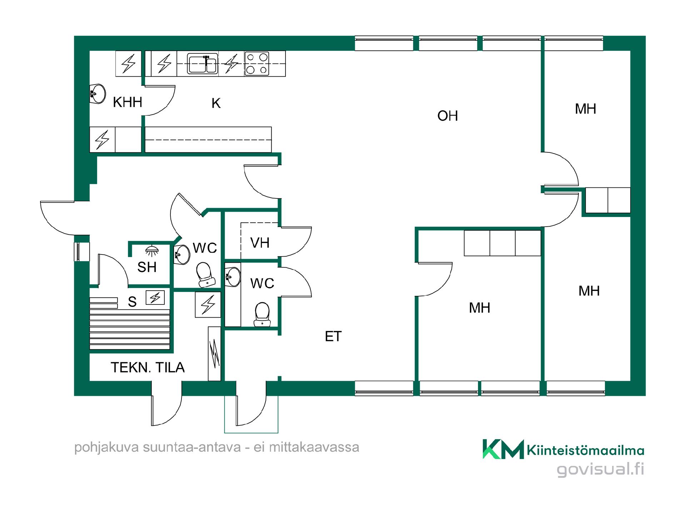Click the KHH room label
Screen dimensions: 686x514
[128, 102]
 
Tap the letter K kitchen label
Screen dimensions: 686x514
[216, 103]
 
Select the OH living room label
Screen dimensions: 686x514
[447, 116]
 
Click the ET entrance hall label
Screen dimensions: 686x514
[333, 336]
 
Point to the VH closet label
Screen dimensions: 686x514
[260, 243]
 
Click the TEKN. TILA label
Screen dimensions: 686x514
[148, 367]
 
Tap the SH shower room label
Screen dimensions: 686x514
[147, 267]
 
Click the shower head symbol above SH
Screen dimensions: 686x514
[152, 251]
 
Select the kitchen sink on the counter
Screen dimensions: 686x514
[203, 64]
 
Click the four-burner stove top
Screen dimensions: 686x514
[257, 64]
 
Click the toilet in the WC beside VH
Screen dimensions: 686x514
[262, 314]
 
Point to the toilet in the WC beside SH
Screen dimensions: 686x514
[205, 275]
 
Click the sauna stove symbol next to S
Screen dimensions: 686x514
[155, 297]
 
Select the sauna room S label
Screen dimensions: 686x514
[132, 302]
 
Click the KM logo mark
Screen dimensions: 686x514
[503, 449]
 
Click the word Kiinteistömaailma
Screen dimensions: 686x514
[586, 450]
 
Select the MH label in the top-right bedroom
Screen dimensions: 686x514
[585, 109]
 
